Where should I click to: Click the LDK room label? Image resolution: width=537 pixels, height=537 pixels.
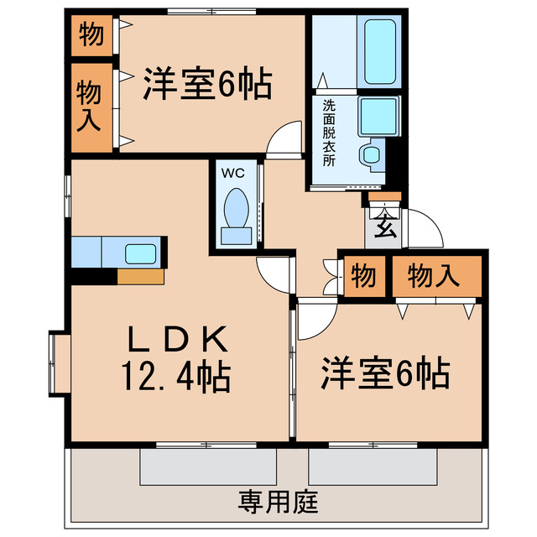point(178,340)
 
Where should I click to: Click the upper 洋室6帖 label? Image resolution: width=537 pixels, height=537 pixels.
point(206,83)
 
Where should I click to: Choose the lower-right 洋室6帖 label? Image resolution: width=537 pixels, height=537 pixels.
point(385,373)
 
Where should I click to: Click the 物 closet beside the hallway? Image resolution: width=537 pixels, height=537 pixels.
point(362,276)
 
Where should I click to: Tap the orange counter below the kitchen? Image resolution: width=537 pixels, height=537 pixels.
point(141,275)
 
